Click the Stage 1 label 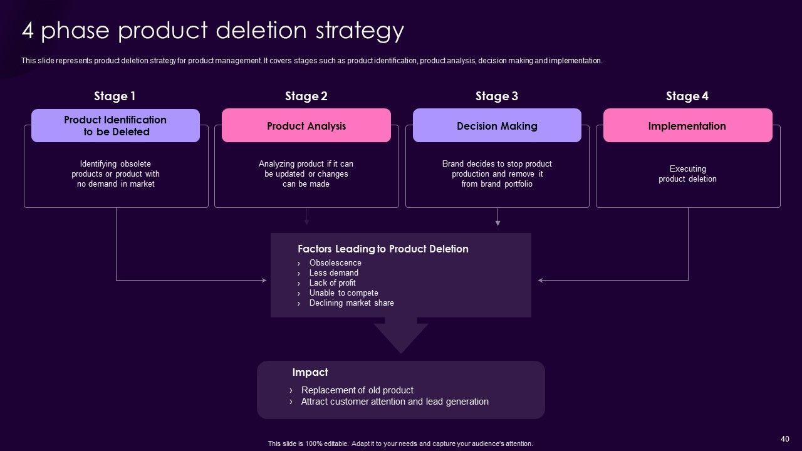(115, 96)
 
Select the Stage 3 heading (496, 96)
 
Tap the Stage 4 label (687, 96)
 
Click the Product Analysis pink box (306, 126)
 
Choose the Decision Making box (497, 126)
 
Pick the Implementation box (687, 126)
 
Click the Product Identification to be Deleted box (115, 126)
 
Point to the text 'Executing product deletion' (687, 174)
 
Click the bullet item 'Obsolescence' (335, 263)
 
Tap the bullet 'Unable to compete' (343, 293)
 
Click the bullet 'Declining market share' (352, 303)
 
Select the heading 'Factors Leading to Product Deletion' (383, 249)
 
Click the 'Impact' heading (310, 372)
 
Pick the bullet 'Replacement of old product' (357, 390)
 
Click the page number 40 (785, 438)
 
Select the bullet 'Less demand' (333, 273)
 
